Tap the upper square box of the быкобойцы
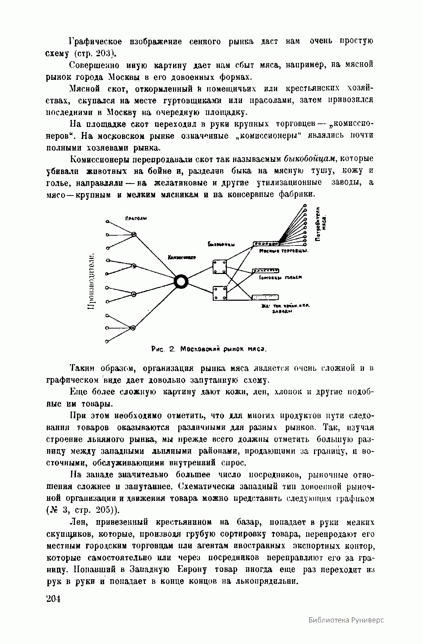click(219, 266)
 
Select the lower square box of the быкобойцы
click(219, 293)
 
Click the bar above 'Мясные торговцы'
click(266, 243)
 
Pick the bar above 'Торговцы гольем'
click(266, 270)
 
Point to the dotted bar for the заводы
click(266, 297)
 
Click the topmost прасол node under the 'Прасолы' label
click(134, 234)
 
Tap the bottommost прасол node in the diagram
click(133, 328)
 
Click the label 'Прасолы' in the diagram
click(136, 218)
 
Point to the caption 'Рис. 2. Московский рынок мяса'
click(210, 349)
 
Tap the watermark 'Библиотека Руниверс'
click(346, 620)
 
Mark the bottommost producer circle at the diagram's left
click(107, 341)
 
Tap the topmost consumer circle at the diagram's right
click(305, 205)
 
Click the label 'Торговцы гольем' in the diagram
click(280, 278)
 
